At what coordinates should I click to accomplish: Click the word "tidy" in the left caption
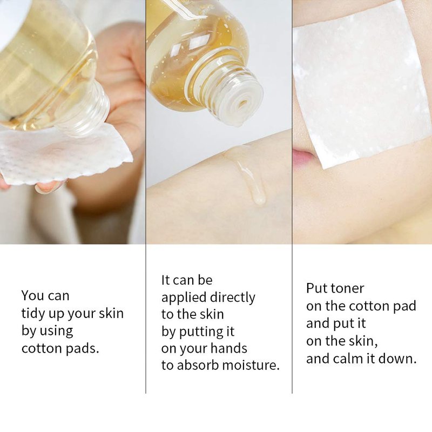32,314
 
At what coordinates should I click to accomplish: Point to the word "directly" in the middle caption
233,298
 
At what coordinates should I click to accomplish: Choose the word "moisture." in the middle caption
251,366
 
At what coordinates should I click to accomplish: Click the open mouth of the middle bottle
242,104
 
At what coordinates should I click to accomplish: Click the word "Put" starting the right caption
317,288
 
